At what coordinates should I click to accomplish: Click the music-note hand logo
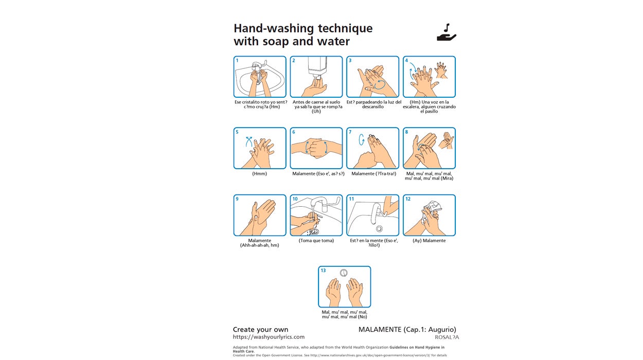coord(446,32)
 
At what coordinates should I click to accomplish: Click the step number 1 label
coord(237,60)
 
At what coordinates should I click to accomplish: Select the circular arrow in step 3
coord(380,85)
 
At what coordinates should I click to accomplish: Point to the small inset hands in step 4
coord(441,70)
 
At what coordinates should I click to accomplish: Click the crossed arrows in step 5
coord(249,141)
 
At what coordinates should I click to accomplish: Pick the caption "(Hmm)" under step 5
coord(259,174)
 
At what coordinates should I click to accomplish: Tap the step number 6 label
coord(294,132)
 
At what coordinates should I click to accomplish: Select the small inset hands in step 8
coord(446,140)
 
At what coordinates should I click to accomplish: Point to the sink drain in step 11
coord(379,228)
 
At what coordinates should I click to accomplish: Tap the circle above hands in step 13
coord(344,273)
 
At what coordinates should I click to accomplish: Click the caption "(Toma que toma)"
coord(316,241)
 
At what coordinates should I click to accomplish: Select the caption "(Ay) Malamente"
coord(429,241)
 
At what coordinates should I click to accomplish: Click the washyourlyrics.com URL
coord(269,337)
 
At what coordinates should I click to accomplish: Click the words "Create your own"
coord(260,329)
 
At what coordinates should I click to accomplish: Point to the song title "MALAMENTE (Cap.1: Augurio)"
coord(407,330)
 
